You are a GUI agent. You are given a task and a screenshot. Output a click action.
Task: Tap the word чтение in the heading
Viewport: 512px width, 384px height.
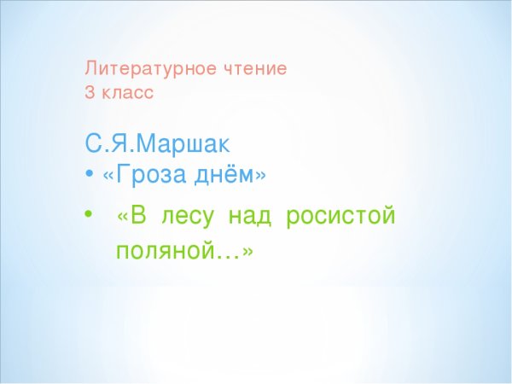point(256,68)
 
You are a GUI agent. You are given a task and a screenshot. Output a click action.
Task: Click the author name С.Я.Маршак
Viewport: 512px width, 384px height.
point(158,142)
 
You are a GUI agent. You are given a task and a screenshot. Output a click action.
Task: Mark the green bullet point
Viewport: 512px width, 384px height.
point(89,217)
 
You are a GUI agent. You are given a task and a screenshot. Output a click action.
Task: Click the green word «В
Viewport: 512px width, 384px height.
point(135,216)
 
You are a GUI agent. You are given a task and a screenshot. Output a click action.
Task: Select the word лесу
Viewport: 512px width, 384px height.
point(191,217)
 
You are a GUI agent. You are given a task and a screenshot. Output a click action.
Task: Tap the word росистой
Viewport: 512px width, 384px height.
point(341,217)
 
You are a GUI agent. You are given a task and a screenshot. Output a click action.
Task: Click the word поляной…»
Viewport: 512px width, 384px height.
point(184,253)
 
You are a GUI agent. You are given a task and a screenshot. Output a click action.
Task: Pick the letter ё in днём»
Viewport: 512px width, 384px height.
point(229,174)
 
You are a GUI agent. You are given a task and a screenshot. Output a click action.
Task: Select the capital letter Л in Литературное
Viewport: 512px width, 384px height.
point(90,68)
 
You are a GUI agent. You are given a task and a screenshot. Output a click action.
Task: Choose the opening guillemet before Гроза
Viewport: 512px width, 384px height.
point(108,175)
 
